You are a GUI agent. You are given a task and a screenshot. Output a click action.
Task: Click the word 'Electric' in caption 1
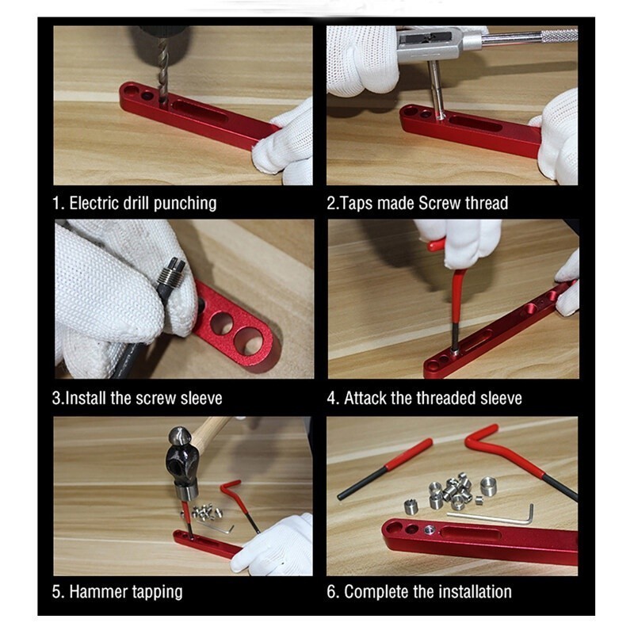pos(94,203)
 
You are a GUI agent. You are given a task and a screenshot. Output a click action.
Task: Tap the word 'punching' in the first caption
pos(185,204)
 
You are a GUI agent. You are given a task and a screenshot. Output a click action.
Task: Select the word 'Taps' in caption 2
pos(356,204)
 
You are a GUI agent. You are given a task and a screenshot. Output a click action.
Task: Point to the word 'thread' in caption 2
pos(487,203)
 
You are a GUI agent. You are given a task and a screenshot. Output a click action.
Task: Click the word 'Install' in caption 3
pos(86,399)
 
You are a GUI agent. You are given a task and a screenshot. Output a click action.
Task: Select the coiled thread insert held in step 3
pos(171,273)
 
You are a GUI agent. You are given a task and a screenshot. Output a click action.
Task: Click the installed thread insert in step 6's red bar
pos(430,529)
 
